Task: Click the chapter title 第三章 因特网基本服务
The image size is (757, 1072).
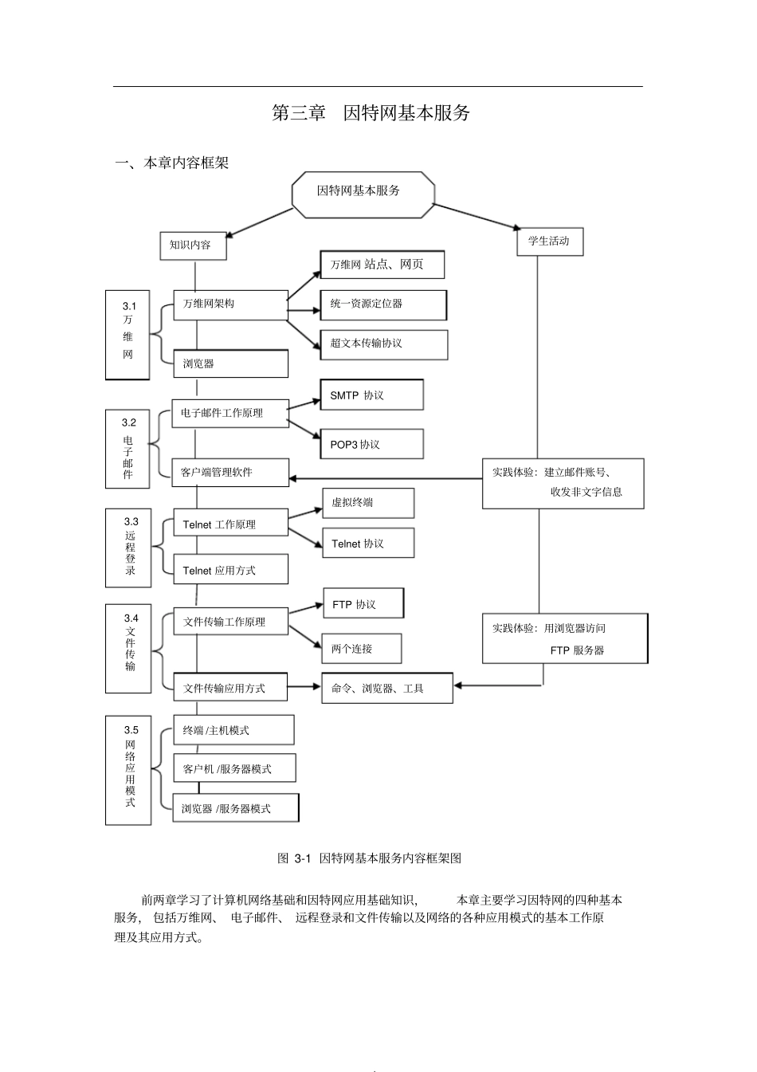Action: (371, 113)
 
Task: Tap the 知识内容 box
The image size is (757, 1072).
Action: (192, 245)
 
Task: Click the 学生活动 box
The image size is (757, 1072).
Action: (550, 241)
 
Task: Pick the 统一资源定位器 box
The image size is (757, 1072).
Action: (383, 304)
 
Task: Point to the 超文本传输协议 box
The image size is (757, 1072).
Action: (383, 344)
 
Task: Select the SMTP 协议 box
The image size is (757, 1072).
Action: (371, 395)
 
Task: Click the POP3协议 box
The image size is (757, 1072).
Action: (371, 444)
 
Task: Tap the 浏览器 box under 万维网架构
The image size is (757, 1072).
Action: (230, 363)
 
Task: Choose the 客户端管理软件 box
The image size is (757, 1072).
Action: (230, 472)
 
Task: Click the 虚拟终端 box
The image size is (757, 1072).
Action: (367, 503)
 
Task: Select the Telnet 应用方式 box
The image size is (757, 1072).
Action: (230, 570)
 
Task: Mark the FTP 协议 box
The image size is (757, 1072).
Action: (363, 604)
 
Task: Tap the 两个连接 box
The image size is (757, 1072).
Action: (361, 649)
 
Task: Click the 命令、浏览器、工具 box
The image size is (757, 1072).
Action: (386, 689)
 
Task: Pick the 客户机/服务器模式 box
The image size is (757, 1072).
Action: (234, 769)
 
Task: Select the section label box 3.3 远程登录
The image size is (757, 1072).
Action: (128, 548)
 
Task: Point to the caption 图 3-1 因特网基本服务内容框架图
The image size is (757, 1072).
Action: (369, 858)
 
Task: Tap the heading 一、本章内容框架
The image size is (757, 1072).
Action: (172, 163)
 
